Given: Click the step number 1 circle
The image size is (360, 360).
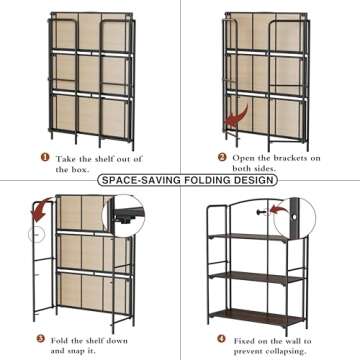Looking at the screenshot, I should [x=43, y=157].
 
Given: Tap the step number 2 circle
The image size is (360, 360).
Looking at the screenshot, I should [x=222, y=157].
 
